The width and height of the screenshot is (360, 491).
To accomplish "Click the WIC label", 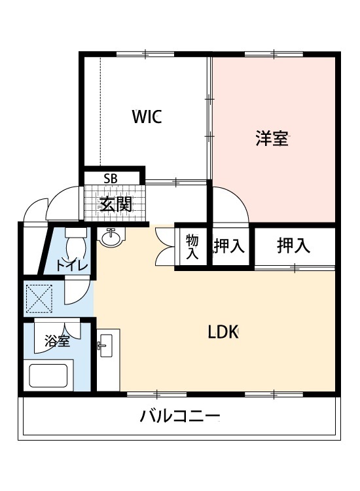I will point(147,117).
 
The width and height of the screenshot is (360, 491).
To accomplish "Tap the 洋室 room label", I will point(272,139).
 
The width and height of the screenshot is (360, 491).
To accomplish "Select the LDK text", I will point(222,332).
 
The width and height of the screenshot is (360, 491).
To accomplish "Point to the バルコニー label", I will point(179,416).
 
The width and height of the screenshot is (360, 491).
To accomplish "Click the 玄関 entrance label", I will point(115,204).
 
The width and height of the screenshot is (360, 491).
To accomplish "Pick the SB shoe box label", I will point(111,178).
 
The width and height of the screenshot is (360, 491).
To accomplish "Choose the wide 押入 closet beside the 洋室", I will point(293,245).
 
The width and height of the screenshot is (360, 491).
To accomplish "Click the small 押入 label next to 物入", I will point(229,246).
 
